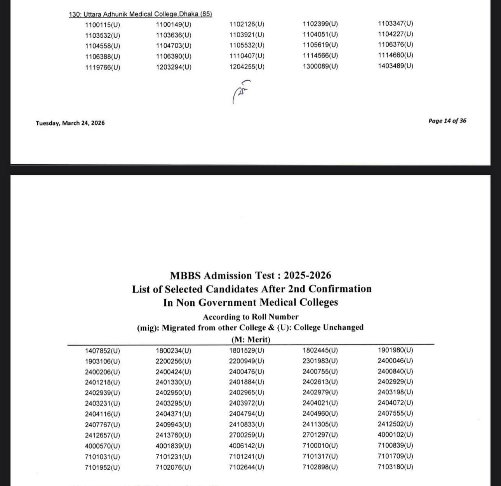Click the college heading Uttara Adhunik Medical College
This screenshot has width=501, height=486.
point(140,14)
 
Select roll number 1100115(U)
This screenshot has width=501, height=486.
point(103,25)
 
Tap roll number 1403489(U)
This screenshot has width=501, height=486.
point(395,66)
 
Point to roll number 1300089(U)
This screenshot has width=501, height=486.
point(320,66)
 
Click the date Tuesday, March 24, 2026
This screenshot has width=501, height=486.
point(70,123)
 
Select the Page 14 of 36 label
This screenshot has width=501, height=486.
point(447,121)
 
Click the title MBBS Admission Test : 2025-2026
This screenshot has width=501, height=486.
point(250,275)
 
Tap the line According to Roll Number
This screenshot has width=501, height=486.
point(250,317)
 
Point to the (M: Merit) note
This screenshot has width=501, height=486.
point(250,339)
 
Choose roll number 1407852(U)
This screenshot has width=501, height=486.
point(103,351)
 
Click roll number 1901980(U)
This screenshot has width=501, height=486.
point(395,350)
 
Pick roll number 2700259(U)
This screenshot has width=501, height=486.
point(247,435)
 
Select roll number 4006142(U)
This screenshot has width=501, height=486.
point(247,446)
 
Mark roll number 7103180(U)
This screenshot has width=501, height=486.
point(395,467)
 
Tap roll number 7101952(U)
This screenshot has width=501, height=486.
point(103,467)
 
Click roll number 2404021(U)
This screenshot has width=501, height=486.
point(320,403)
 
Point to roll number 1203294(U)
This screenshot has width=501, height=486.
point(174,67)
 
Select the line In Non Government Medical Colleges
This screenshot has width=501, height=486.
point(250,303)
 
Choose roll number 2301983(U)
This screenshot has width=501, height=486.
point(320,361)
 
